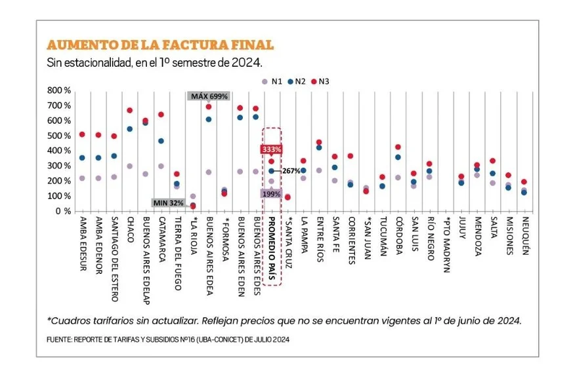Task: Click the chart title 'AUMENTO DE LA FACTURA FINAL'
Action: coord(159,45)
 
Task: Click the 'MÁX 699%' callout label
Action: coord(209,96)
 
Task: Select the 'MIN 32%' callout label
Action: coord(168,202)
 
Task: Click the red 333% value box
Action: coord(272,149)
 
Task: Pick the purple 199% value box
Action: coord(272,194)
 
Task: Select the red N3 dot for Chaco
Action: coord(130,111)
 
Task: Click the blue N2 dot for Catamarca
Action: coord(161,141)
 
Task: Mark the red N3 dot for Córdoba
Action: coord(398,147)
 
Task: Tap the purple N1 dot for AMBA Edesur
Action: coord(82,178)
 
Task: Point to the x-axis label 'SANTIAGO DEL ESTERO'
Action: coord(114,259)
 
